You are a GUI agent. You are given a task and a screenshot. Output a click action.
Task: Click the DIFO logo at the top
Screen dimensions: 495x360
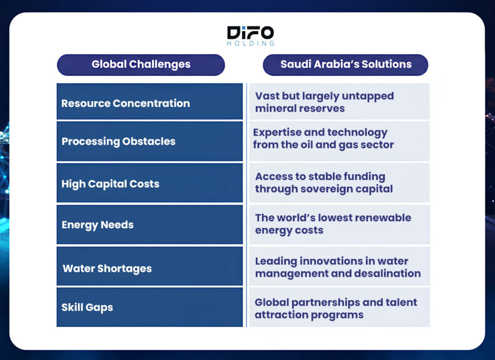click(x=250, y=36)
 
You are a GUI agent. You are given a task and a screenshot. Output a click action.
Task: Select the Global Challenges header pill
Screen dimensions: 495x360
click(x=141, y=65)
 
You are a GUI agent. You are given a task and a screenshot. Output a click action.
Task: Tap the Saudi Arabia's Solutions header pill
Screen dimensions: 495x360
click(x=345, y=65)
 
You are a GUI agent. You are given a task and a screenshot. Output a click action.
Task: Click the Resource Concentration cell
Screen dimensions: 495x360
click(x=150, y=102)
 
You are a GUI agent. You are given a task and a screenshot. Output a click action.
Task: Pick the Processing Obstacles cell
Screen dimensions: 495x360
click(x=150, y=141)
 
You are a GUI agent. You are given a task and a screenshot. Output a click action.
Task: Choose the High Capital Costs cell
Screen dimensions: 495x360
click(x=150, y=183)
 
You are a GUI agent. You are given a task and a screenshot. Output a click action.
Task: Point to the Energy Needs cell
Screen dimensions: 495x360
click(x=150, y=225)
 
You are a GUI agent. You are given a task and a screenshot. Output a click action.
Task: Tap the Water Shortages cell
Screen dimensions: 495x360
click(x=150, y=266)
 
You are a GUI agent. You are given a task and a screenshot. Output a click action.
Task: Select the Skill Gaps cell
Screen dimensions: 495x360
click(x=150, y=307)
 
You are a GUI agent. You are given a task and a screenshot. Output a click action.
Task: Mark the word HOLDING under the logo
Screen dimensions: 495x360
click(x=251, y=43)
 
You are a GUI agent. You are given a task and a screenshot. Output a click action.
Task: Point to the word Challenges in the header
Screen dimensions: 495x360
click(x=160, y=64)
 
